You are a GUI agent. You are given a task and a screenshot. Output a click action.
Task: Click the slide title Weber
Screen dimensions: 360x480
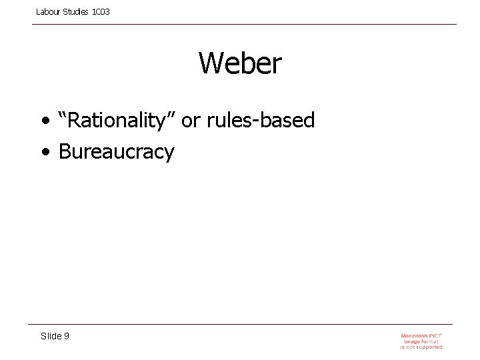point(240,64)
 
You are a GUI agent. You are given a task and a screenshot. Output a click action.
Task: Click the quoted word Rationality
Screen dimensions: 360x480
point(121,121)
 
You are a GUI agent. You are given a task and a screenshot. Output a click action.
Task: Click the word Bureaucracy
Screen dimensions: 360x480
point(116,152)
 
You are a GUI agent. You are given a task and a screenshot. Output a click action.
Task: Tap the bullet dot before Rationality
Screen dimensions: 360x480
point(44,122)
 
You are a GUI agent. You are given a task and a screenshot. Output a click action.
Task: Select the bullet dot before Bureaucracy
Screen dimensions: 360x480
point(44,153)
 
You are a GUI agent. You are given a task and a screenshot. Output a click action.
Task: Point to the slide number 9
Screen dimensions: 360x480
point(66,336)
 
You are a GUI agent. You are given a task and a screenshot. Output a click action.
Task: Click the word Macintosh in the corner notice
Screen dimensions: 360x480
point(414,335)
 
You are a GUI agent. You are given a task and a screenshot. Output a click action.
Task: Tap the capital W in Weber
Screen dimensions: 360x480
point(211,64)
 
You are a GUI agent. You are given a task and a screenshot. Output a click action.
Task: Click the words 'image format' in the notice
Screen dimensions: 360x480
point(421,341)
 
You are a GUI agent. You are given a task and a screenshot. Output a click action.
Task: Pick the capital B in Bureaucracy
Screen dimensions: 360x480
point(65,152)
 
